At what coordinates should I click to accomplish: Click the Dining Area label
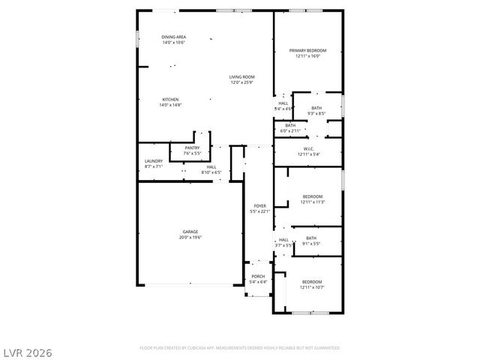pos(173,37)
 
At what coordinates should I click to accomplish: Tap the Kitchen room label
pos(170,99)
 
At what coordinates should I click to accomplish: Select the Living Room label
pos(241,76)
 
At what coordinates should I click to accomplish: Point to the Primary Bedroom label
pos(307,51)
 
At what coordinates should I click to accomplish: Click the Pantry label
pos(181,148)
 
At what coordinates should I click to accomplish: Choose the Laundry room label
pos(153,160)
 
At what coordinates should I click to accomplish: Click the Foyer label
pos(259,205)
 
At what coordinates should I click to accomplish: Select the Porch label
pos(258,276)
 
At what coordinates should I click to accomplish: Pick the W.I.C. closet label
pos(307,148)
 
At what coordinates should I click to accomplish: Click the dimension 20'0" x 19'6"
pos(190,238)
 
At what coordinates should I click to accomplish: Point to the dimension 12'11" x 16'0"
pos(307,56)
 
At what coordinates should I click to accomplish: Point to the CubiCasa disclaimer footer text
pos(239,348)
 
